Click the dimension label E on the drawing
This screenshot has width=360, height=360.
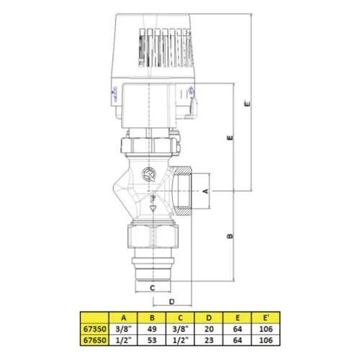pyautogui.click(x=228, y=137)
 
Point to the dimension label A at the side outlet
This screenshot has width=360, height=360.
pyautogui.click(x=204, y=191)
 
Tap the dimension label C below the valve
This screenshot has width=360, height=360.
pyautogui.click(x=150, y=288)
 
